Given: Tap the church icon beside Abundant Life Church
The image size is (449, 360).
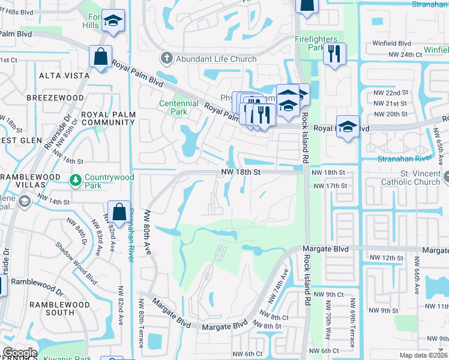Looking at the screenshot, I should (166, 59).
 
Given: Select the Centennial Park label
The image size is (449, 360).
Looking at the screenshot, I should (178, 107).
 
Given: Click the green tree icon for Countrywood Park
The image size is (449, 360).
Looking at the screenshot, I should (76, 179).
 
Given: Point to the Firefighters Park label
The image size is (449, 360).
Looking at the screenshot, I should (316, 43).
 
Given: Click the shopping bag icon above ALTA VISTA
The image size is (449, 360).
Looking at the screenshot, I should (101, 57).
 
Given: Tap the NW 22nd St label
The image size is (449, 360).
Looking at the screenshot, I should (390, 93).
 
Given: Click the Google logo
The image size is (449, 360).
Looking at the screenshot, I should (20, 353).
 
